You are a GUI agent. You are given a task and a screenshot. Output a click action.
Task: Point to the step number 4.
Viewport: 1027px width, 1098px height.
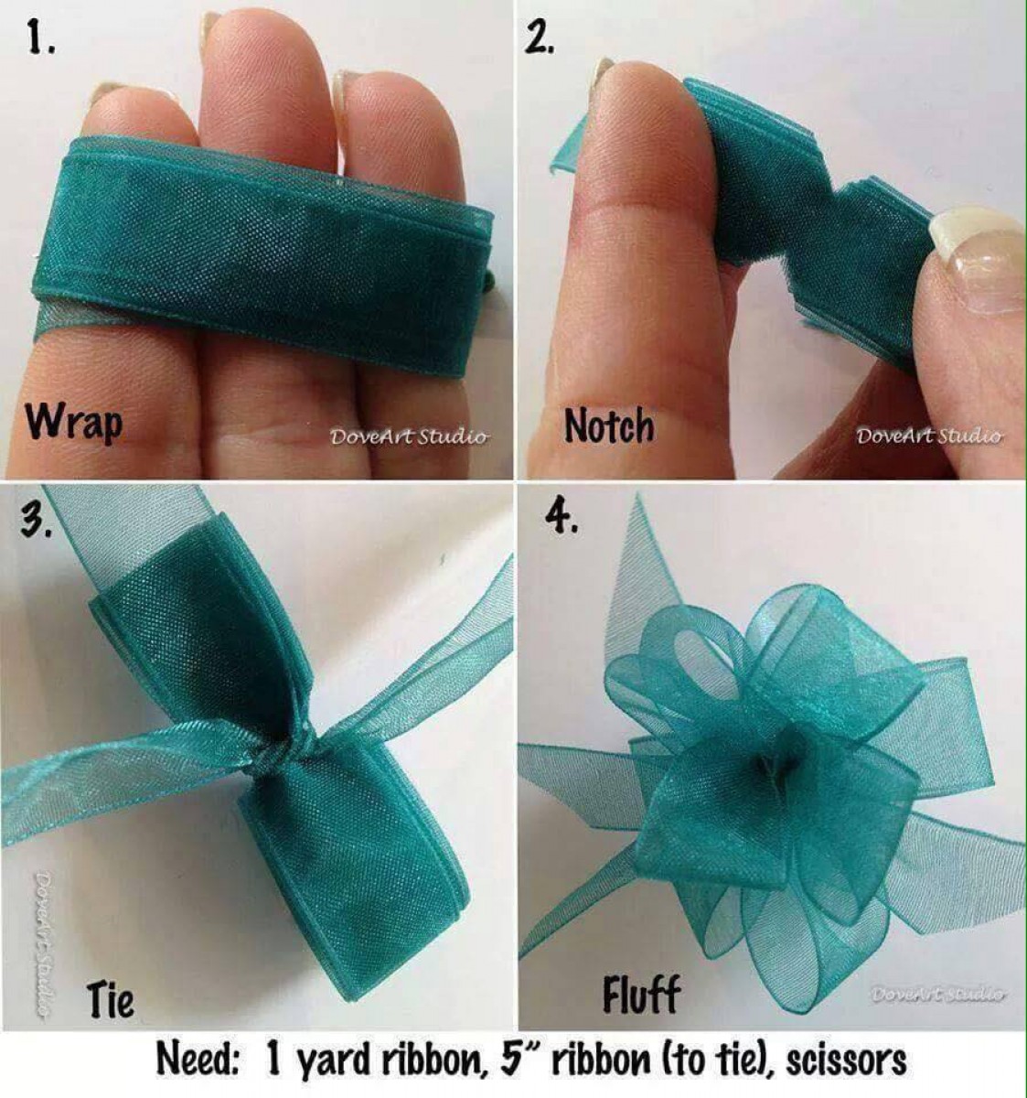[x=562, y=518]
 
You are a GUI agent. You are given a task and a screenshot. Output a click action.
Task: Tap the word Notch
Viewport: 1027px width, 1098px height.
[x=609, y=425]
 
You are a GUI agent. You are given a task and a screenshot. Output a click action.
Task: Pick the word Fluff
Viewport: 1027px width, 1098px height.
[x=641, y=994]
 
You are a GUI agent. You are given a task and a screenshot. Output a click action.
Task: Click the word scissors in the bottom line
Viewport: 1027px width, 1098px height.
[x=846, y=1060]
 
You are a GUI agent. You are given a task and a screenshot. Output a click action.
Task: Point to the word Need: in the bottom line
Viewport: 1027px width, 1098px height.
[x=198, y=1059]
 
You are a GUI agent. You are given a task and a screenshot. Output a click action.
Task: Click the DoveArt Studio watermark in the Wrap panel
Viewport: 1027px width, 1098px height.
[x=409, y=436]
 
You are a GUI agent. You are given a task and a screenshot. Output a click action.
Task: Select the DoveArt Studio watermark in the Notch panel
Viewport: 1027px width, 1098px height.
[x=930, y=436]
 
